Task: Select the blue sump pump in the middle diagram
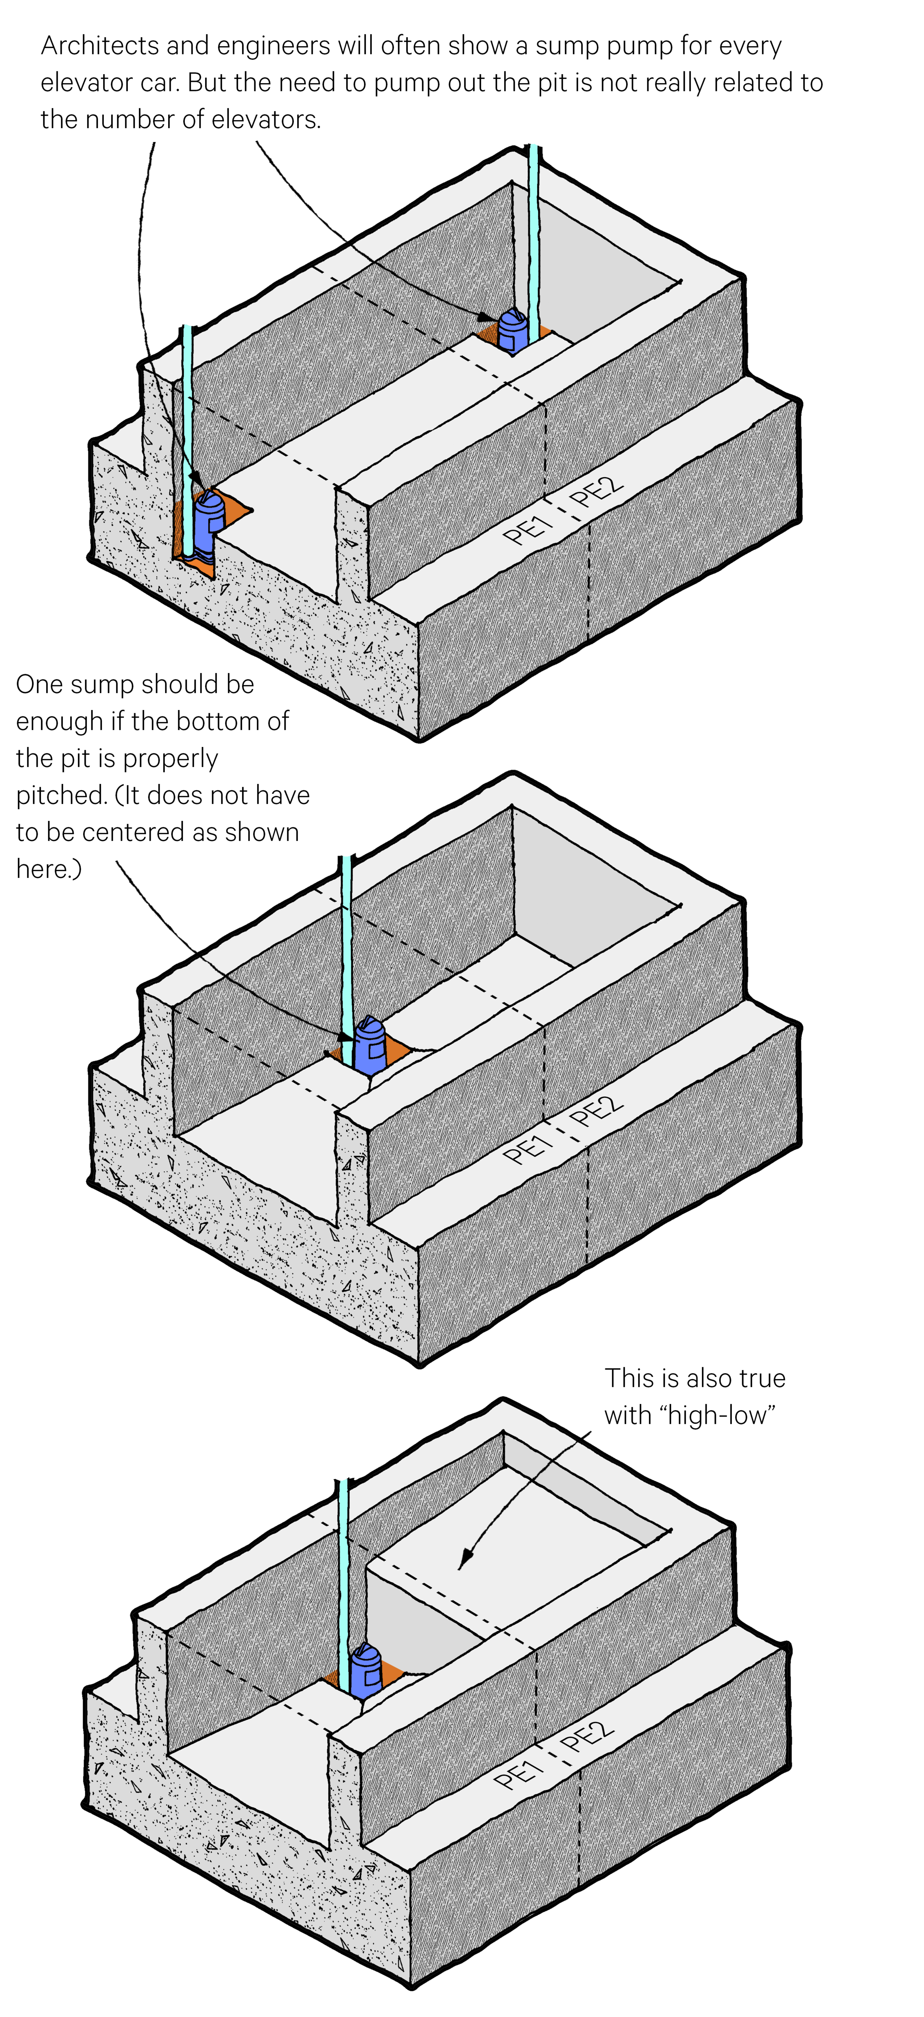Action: coord(370,1045)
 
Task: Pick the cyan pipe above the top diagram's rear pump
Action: coord(533,235)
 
